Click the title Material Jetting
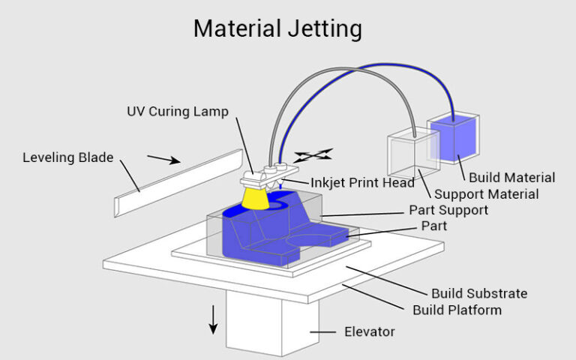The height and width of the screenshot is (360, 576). pos(277,29)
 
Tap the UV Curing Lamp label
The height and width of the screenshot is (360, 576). pos(177,112)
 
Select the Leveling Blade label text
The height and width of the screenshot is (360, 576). pos(67,157)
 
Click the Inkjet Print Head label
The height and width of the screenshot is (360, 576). pos(363,182)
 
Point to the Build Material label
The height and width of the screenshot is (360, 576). pos(511,178)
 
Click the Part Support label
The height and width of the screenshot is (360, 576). pos(448,209)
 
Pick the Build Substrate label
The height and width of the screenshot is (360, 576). pos(479,293)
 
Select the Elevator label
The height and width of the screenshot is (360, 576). pos(370,331)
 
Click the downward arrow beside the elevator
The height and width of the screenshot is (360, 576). pos(213,319)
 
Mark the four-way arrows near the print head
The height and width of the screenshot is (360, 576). pos(313,156)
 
